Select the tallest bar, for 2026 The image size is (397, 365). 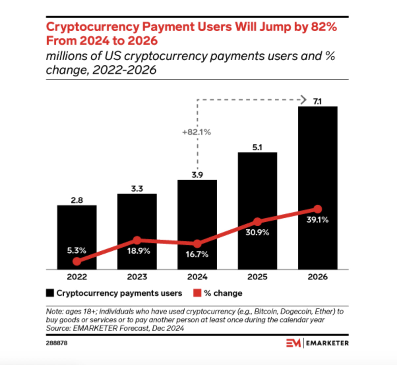click(318, 165)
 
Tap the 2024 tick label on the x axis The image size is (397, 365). click(197, 277)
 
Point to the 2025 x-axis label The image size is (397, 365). click(257, 277)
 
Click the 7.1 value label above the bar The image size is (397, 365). click(317, 101)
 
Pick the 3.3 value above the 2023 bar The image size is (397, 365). click(137, 189)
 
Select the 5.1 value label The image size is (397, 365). click(257, 147)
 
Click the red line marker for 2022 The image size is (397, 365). click(77, 261)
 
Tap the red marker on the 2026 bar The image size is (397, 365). click(318, 209)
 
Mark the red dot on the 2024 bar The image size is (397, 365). click(197, 244)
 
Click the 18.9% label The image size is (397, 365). click(138, 251)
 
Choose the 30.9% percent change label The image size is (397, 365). click(257, 233)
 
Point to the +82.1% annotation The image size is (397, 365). click(197, 132)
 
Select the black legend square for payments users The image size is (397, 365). click(50, 293)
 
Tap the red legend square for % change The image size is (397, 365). click(197, 293)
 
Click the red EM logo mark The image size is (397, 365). click(293, 343)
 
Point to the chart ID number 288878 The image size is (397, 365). click(57, 343)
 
